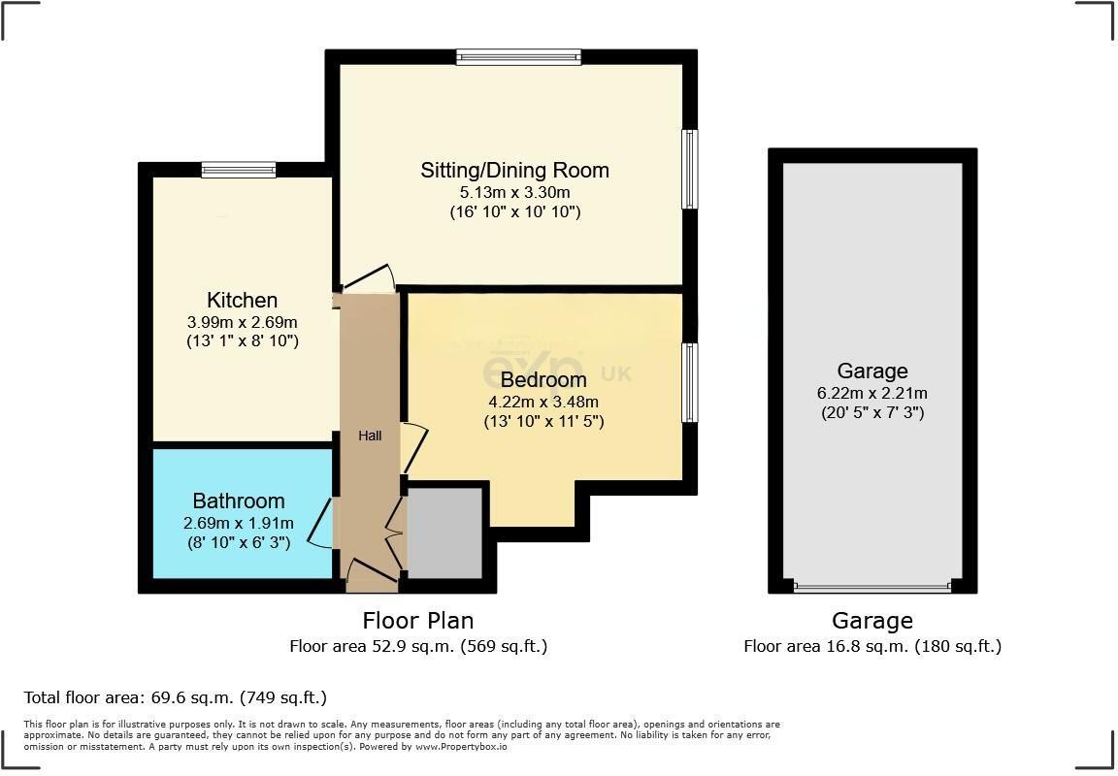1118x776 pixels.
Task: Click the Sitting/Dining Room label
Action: [x=514, y=171]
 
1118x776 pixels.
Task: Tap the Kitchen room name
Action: [x=242, y=300]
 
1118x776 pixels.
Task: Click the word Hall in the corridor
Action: [x=370, y=436]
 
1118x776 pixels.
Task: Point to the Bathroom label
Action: [x=239, y=501]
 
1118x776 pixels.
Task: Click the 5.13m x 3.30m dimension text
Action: [x=514, y=192]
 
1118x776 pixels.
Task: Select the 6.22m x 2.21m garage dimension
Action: [x=871, y=393]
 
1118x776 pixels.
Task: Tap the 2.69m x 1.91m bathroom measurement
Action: [x=239, y=523]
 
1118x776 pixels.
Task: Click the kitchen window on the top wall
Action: [x=239, y=171]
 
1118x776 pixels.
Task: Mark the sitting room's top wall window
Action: [x=518, y=57]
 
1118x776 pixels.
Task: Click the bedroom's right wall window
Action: [x=689, y=382]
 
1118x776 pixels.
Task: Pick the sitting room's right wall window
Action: [x=689, y=169]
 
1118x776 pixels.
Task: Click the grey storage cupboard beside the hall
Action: [x=444, y=533]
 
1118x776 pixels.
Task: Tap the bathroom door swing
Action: [x=321, y=524]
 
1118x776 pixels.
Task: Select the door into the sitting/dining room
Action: [x=369, y=278]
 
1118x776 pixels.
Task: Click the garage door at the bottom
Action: [x=871, y=587]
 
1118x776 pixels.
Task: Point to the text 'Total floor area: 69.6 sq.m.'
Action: [x=175, y=697]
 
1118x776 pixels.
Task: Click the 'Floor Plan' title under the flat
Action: [x=417, y=620]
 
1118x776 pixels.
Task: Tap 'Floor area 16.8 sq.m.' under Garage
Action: [x=871, y=646]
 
